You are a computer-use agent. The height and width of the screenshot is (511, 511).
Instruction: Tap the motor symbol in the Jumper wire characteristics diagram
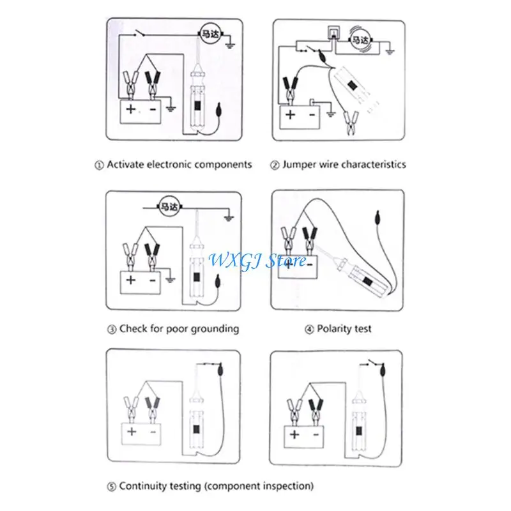click(x=359, y=40)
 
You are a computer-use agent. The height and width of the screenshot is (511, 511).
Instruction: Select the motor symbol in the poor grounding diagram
click(x=168, y=206)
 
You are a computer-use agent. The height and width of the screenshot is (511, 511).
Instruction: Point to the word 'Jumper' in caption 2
click(x=299, y=164)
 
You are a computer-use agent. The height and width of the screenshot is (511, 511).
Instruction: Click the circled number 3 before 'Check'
click(x=111, y=330)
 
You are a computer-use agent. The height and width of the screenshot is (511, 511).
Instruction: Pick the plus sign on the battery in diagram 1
click(x=130, y=109)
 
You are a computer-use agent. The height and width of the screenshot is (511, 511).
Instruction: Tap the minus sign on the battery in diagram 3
click(x=153, y=280)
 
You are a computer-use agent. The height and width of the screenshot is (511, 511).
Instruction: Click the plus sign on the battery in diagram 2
click(x=291, y=115)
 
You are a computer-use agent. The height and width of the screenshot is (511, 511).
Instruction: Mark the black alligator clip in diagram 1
click(x=152, y=82)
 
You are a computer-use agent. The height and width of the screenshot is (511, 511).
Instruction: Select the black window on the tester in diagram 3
click(x=197, y=278)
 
